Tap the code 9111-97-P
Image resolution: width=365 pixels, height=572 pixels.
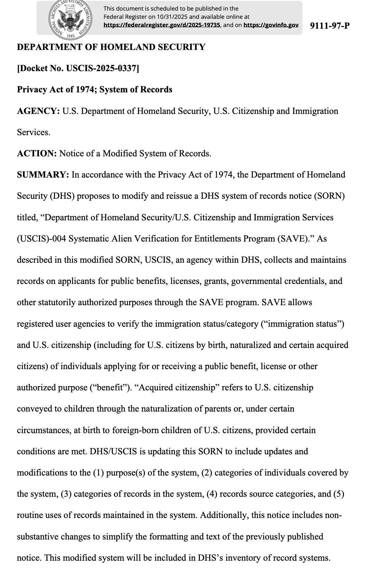[x=329, y=26]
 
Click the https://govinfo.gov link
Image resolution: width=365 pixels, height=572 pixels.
[x=271, y=25]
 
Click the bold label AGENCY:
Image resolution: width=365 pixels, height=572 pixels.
[x=38, y=111]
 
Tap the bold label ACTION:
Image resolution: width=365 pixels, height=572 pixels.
[x=37, y=154]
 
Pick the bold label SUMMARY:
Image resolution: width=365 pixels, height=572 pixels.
[x=43, y=175]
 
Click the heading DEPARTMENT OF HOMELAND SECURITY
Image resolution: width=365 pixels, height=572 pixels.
[x=111, y=47]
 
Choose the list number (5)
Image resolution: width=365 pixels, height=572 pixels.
[x=338, y=494]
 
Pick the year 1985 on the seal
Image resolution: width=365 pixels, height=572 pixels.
[x=71, y=35]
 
